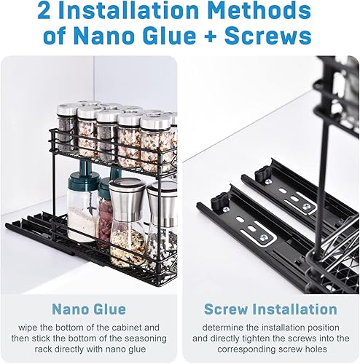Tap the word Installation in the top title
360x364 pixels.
(x=149, y=12)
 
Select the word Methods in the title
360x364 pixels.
(x=273, y=12)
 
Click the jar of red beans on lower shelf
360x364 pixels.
(x=106, y=222)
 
